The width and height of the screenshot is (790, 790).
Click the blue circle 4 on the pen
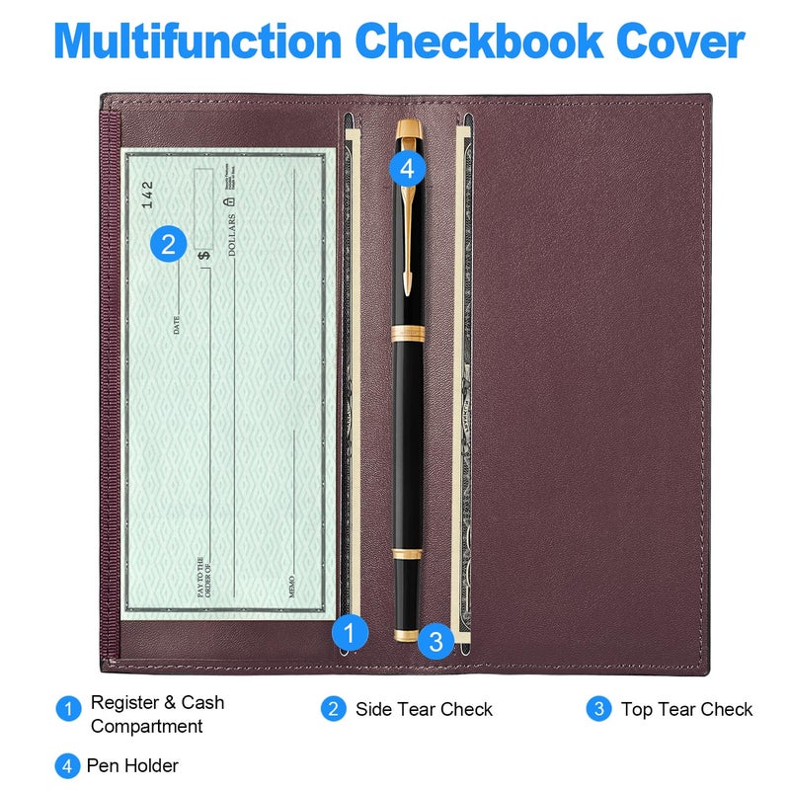tap(407, 169)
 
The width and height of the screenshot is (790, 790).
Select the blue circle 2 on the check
tap(169, 244)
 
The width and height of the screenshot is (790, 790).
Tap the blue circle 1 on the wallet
tap(349, 631)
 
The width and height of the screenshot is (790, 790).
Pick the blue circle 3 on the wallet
tap(435, 641)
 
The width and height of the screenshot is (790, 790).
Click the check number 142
tap(147, 194)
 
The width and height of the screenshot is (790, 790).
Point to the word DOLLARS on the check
tap(233, 235)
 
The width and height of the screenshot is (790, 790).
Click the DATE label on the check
tap(177, 324)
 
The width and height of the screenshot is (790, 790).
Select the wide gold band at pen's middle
tap(407, 334)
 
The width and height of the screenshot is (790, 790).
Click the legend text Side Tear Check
tap(424, 709)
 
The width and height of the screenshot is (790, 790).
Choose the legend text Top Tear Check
tap(686, 709)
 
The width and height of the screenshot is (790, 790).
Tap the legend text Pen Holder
tap(132, 765)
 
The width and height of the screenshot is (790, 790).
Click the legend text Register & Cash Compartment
tap(156, 714)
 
